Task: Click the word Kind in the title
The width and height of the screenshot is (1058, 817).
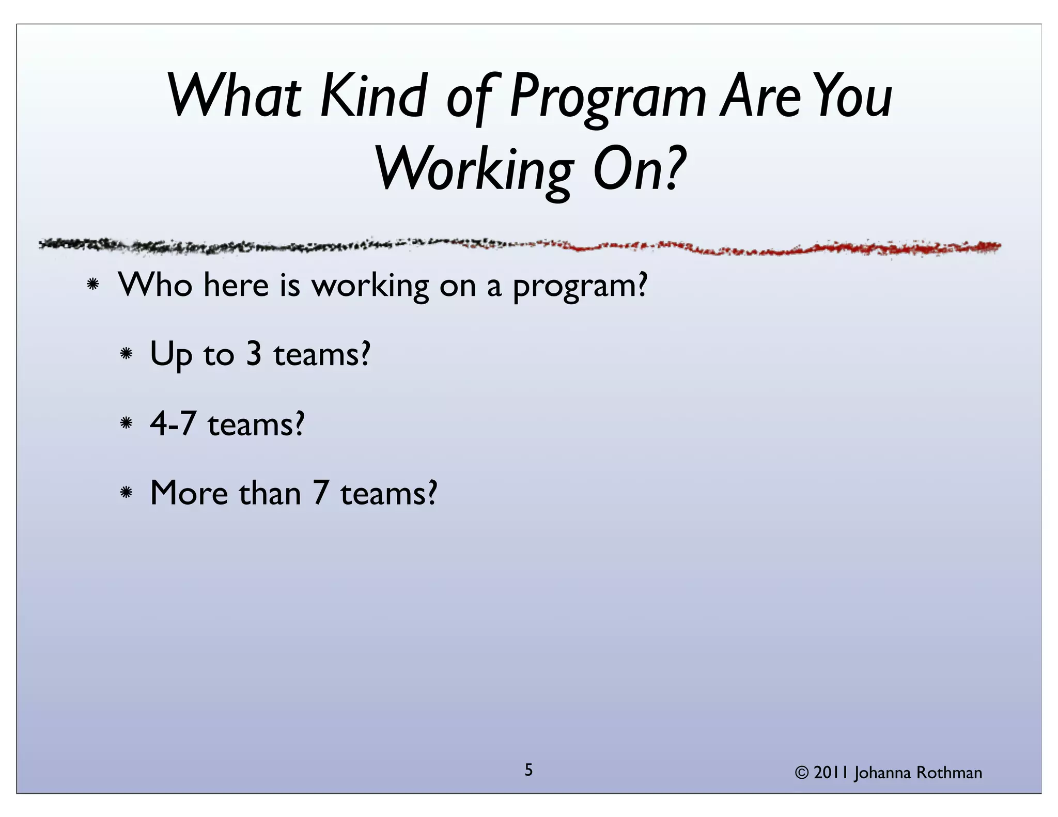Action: [373, 96]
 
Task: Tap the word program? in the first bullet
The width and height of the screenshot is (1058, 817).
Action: [580, 287]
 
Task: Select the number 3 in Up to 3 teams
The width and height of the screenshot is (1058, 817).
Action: [254, 355]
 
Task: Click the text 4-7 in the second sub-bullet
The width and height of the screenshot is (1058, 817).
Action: [173, 424]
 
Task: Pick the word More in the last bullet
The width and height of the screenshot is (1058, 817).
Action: [189, 493]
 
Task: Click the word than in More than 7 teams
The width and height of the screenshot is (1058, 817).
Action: [269, 493]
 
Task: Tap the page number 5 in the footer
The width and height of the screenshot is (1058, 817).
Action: [528, 770]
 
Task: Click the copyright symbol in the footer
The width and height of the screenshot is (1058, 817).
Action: [801, 773]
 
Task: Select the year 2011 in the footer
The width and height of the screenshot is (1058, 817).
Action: [832, 773]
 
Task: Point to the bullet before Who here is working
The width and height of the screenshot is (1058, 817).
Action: [93, 284]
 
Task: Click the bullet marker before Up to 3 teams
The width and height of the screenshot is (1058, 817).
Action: [126, 354]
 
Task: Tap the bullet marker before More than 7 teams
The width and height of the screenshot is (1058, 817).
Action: [126, 493]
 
